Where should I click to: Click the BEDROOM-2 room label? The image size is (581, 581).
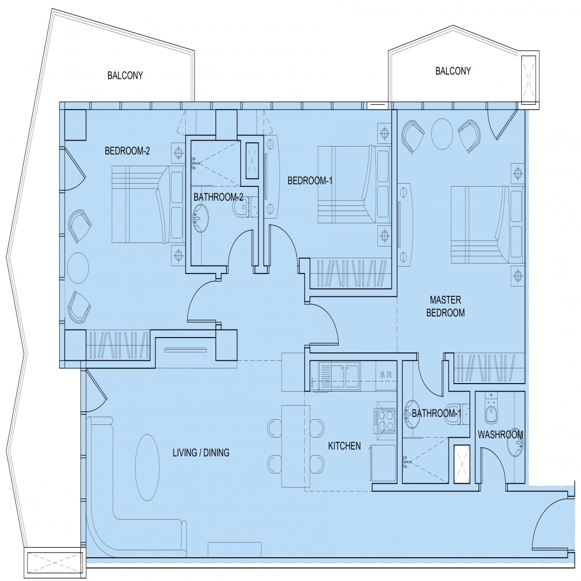[x=127, y=151]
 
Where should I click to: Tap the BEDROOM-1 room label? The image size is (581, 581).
[x=310, y=181]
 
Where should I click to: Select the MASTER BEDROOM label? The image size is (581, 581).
[x=446, y=306]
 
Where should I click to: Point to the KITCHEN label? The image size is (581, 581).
[x=344, y=446]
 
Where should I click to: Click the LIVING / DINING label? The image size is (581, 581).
[x=201, y=452]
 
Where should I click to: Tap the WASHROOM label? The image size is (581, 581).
[x=500, y=434]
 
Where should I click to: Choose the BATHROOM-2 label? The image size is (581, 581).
[x=218, y=197]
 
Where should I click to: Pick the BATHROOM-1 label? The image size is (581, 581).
[x=437, y=413]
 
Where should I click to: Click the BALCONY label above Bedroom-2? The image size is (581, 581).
[x=125, y=76]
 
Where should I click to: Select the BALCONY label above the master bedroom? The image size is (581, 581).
[x=453, y=71]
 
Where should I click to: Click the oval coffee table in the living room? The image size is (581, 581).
[x=148, y=468]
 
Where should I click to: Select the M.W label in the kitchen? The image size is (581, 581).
[x=386, y=375]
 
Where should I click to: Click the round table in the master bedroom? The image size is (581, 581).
[x=442, y=134]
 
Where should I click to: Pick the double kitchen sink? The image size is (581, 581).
[x=345, y=376]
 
